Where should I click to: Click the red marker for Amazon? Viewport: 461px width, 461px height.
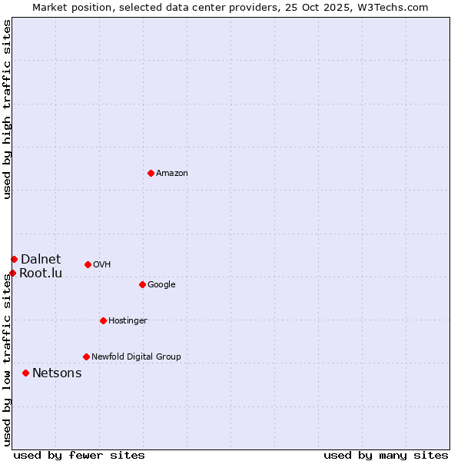coord(151,173)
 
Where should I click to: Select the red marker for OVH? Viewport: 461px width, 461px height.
coord(88,264)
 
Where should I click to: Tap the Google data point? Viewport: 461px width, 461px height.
coord(142,284)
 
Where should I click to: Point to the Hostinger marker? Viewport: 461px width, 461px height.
coord(103,320)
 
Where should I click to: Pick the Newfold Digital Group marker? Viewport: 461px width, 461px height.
coord(86,357)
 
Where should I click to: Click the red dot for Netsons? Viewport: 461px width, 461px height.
coord(25,373)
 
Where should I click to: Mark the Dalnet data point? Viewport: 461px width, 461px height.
coord(14,259)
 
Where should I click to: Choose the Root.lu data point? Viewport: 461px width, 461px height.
coord(12,273)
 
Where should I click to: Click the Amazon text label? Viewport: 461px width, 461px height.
coord(172,174)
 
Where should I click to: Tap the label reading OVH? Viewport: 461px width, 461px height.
coord(102,265)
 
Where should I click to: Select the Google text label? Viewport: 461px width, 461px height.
coord(161,285)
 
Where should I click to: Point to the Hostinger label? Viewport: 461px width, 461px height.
coord(128,321)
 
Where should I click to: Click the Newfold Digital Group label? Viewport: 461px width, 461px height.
coord(136,357)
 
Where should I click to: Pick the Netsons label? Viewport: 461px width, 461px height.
coord(57,373)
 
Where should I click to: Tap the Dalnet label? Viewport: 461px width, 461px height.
coord(41,260)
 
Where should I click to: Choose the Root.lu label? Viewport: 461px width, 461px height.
coord(41,274)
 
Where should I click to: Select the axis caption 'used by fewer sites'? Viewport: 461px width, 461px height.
coord(79,455)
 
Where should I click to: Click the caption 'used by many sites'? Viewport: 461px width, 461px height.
coord(386,455)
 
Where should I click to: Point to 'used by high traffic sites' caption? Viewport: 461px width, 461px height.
coord(8,109)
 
